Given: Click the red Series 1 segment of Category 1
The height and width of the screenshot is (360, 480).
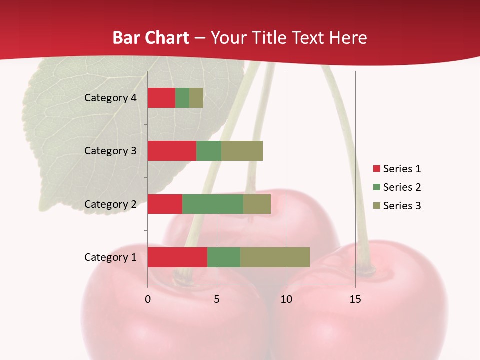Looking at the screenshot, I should point(177,257).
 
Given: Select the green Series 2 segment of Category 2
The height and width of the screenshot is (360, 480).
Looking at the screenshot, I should point(213,204).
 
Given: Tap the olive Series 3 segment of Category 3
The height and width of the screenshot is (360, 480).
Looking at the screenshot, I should point(242,151).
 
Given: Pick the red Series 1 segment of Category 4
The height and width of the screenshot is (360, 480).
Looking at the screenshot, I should point(161,98).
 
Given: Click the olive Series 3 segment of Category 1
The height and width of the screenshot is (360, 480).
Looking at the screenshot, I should point(275,257).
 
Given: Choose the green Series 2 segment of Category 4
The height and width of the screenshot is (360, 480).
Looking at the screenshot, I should point(182,98).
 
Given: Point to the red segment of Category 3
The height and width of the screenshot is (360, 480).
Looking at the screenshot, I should point(172,151).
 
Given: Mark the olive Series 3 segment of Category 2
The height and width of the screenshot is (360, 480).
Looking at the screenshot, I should point(257,204).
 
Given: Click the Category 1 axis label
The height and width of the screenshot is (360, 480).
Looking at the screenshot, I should point(110,257).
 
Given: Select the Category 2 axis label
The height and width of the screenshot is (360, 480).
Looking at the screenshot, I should point(110,204).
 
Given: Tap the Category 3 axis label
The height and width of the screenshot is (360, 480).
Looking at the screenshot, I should point(110,151).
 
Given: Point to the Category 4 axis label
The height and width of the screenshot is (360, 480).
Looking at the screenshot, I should point(110,98).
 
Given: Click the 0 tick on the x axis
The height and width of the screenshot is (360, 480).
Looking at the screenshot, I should point(148,299).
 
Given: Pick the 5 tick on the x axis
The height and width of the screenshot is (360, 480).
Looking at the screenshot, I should point(217,299).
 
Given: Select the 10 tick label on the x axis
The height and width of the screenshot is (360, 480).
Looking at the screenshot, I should point(286,299).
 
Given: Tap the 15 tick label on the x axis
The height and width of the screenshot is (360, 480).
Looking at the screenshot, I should point(355,299).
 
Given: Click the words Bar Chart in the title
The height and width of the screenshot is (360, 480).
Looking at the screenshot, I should point(151,38).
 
